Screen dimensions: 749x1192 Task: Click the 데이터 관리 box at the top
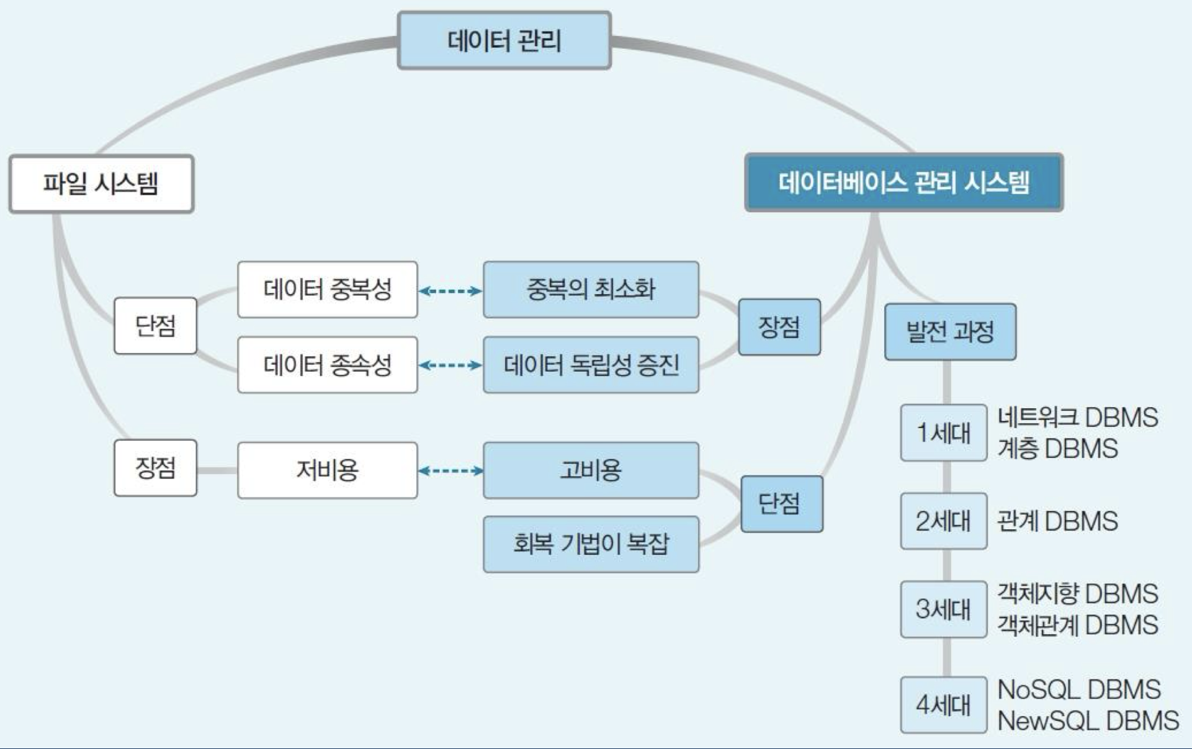(504, 41)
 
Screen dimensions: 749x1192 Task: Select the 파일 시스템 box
(101, 184)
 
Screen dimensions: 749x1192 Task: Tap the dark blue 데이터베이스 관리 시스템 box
(903, 182)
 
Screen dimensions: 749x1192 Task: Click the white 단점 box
(155, 326)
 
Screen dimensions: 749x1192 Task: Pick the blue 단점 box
(781, 503)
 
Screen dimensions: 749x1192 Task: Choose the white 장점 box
(155, 468)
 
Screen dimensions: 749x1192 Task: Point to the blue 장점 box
(779, 327)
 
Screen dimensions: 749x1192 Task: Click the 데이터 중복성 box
(327, 290)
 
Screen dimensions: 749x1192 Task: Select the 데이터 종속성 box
(327, 365)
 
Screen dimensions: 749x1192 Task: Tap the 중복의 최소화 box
(591, 290)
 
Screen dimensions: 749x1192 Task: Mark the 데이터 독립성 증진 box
(591, 365)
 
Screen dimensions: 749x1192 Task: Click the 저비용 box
(327, 470)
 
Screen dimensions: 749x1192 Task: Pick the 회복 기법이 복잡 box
(591, 544)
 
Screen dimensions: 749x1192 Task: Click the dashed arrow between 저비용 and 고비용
(450, 471)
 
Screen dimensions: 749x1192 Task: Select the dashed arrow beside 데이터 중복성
(450, 290)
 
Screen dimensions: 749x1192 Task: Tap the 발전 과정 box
(950, 332)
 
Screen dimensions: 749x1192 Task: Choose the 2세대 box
(943, 521)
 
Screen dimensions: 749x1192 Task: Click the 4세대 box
(943, 705)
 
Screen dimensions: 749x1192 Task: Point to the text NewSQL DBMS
(1088, 721)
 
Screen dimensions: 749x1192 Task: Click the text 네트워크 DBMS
(1077, 418)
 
